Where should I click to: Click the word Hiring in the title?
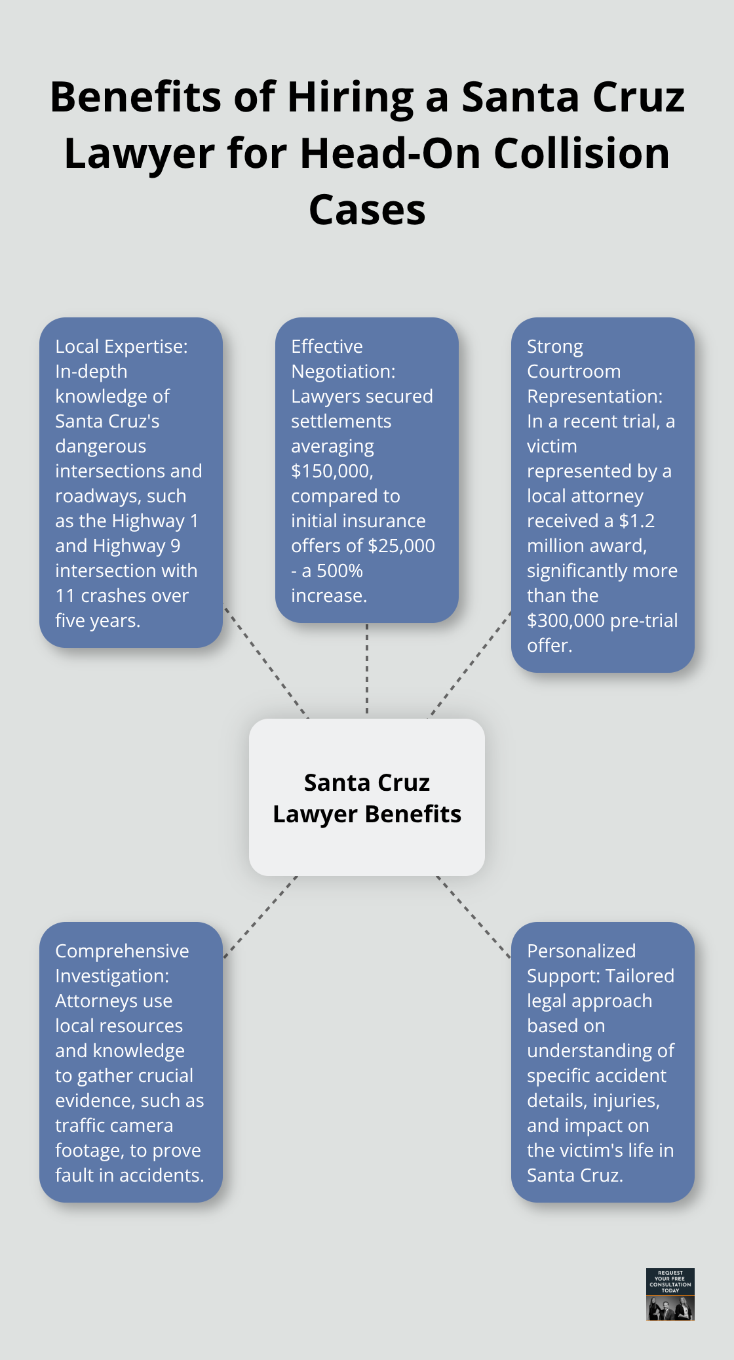tap(351, 97)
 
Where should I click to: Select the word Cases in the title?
tap(367, 210)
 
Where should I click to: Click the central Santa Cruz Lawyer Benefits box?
tap(367, 797)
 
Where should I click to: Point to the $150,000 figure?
tap(332, 471)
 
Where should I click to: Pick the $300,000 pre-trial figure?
tap(569, 620)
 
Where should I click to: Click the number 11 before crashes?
tap(65, 595)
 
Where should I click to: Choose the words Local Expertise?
tap(121, 346)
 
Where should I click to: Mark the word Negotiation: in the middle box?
tap(343, 371)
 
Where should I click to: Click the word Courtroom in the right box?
tap(573, 371)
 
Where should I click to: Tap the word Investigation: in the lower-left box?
tap(111, 976)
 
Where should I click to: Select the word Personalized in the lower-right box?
tap(581, 951)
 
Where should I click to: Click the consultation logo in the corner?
tap(670, 1294)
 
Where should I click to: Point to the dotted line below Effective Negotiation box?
tap(367, 669)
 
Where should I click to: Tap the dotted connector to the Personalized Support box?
tap(473, 917)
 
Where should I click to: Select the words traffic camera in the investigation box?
tap(114, 1125)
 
